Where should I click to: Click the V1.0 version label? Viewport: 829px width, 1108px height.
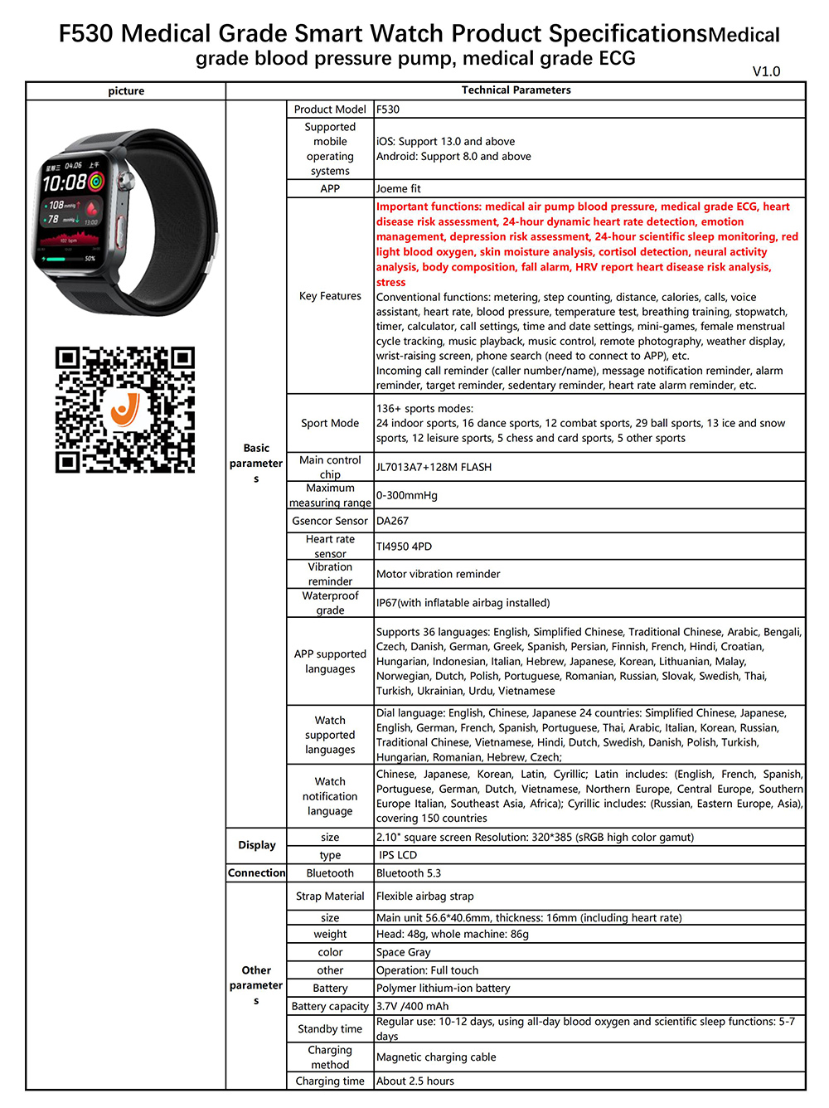coord(766,71)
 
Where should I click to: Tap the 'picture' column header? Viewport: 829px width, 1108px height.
coord(126,91)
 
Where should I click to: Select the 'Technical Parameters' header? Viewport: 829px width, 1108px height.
coord(516,90)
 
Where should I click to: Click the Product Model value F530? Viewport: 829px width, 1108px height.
coord(388,109)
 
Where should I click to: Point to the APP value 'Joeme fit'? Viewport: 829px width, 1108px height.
coord(399,189)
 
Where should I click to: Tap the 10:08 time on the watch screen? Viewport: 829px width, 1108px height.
coord(65,182)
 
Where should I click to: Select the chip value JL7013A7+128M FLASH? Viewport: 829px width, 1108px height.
coord(434,467)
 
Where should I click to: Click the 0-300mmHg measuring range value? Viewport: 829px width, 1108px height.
coord(407,495)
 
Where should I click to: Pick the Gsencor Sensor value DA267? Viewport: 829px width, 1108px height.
coord(392,521)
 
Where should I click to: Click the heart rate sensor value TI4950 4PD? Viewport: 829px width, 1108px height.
coord(404,547)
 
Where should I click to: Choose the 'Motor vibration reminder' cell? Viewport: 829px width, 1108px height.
coord(438,574)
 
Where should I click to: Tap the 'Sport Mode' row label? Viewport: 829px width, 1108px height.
coord(330,423)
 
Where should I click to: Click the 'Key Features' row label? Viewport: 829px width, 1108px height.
coord(330,296)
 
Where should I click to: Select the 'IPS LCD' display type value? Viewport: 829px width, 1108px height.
coord(398,855)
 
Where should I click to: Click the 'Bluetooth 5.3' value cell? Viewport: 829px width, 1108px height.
coord(409,873)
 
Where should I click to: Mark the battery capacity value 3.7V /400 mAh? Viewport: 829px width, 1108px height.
coord(412,1006)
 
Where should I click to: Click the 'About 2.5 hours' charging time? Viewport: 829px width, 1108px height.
coord(415,1081)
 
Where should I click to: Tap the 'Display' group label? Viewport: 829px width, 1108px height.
coord(256,845)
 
